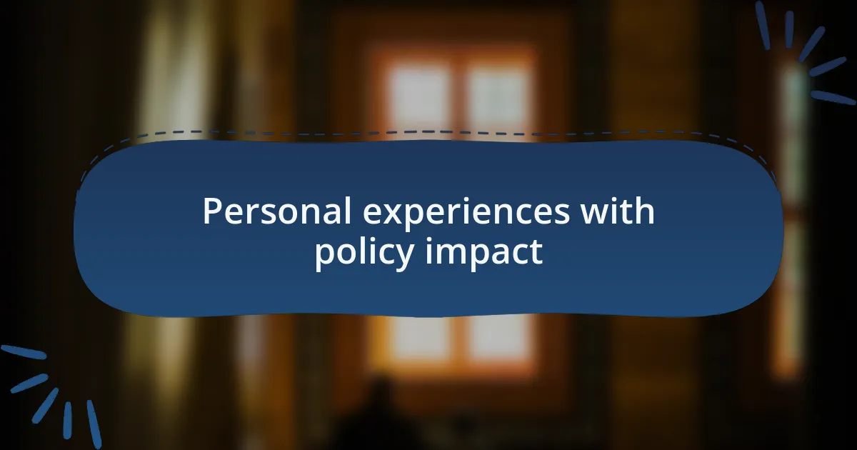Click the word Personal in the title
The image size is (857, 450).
276,211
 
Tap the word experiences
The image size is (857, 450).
466,214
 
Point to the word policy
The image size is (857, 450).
364,253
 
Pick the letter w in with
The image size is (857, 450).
596,214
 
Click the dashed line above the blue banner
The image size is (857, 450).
428,132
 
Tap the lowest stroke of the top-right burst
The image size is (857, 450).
833,98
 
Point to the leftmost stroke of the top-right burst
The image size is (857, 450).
763,25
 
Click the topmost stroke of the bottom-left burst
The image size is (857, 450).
24,352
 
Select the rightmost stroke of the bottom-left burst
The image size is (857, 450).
94,424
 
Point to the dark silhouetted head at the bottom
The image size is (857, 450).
379,395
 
